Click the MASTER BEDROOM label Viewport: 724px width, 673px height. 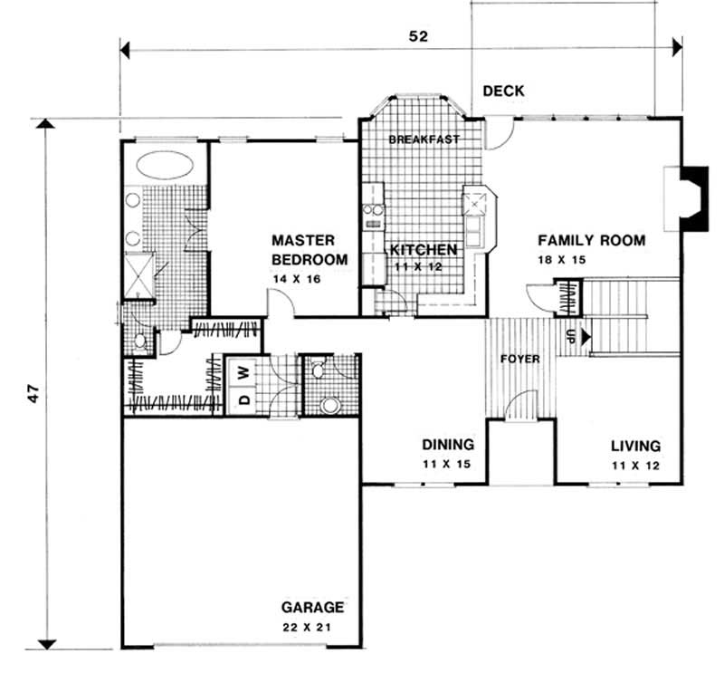[x=309, y=251]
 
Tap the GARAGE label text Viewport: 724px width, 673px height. [x=311, y=608]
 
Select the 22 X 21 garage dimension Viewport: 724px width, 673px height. [x=311, y=627]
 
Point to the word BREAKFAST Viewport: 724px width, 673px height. [x=424, y=139]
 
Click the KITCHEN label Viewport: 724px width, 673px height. [x=424, y=248]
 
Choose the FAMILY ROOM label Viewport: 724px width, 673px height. [x=591, y=241]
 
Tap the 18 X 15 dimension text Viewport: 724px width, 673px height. [x=559, y=260]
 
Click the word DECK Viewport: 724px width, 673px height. [x=504, y=91]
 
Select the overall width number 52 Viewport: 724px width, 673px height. [x=417, y=36]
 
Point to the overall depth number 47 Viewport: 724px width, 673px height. [x=33, y=394]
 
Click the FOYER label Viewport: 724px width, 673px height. [x=520, y=360]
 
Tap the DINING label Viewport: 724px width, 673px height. [x=448, y=445]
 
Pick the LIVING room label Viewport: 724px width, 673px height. [x=634, y=447]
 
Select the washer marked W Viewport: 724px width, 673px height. [x=243, y=370]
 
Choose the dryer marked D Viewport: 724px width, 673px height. [x=243, y=398]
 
